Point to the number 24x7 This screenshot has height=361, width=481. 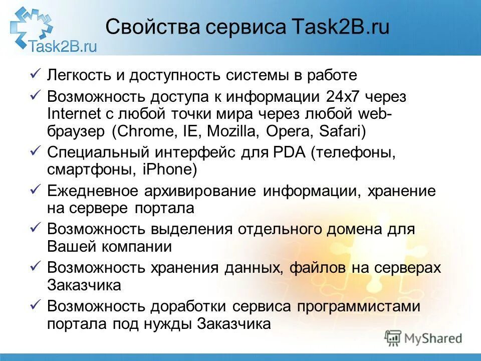click(x=340, y=95)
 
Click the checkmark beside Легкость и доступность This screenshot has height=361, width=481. click(x=35, y=75)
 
